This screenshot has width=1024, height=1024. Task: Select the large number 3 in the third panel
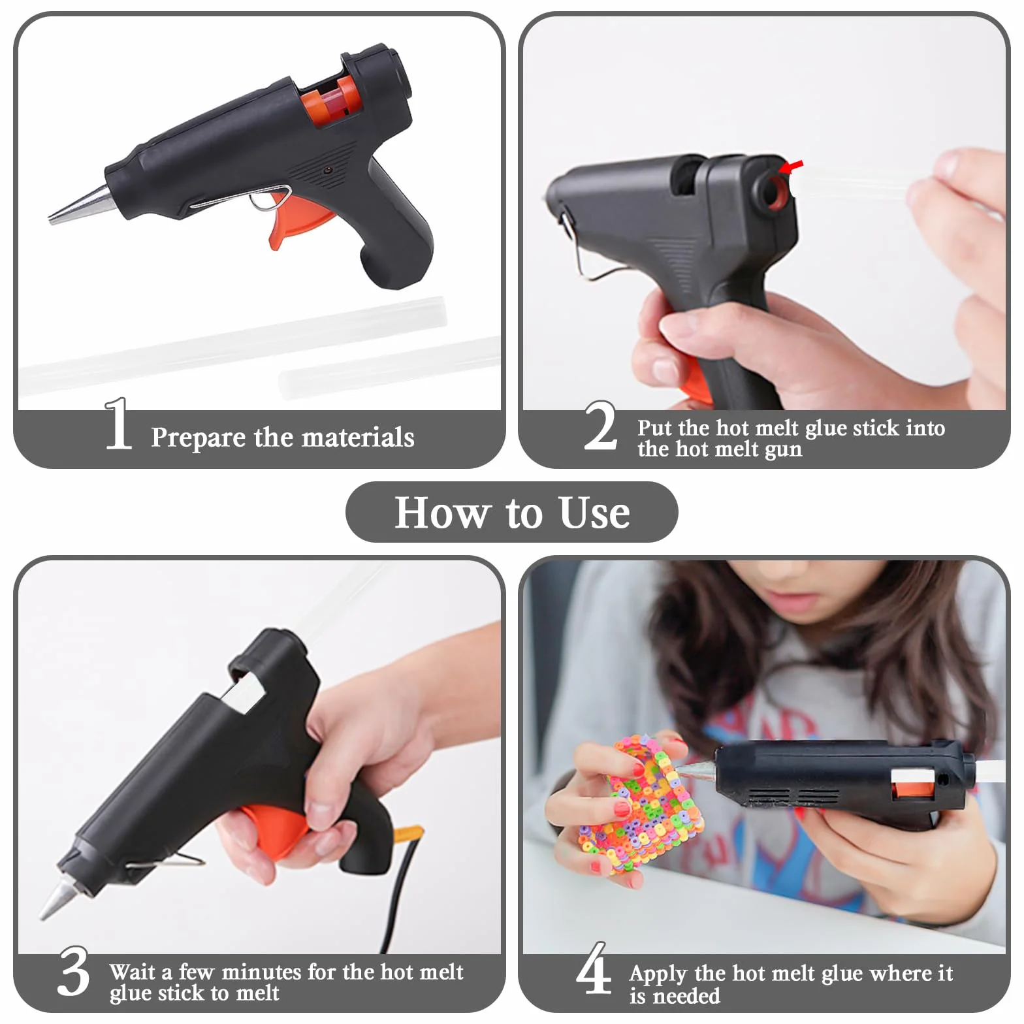click(x=73, y=971)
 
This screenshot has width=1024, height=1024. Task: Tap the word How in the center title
click(x=442, y=512)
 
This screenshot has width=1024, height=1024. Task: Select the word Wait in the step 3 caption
click(x=133, y=972)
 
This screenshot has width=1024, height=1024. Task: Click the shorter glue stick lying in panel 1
click(x=391, y=366)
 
